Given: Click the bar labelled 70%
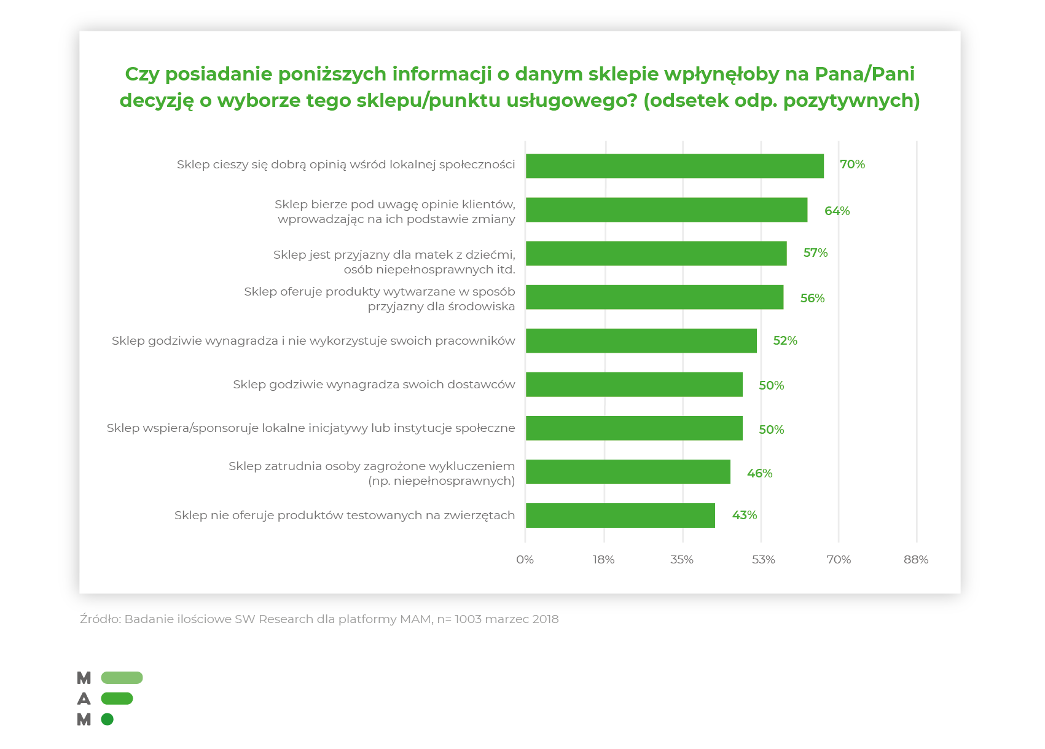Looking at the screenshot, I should [x=674, y=166].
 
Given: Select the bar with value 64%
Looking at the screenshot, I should [x=666, y=210].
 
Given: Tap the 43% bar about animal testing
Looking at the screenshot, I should [x=620, y=515].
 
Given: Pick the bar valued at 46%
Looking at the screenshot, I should [x=627, y=471].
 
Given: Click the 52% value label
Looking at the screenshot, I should [x=785, y=340].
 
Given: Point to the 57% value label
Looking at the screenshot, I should [x=815, y=253].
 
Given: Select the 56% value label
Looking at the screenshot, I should [x=812, y=298].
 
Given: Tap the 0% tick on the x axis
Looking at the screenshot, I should [x=525, y=559].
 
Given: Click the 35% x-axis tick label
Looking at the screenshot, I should [x=682, y=559].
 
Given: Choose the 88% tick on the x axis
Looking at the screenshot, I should [x=915, y=559].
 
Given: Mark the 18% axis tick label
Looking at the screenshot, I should [x=603, y=559].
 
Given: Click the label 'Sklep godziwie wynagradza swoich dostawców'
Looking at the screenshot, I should [x=374, y=385].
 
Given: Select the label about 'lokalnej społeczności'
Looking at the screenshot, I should [x=346, y=164].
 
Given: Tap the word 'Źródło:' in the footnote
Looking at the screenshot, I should [x=100, y=619].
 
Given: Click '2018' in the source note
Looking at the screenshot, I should [x=545, y=619].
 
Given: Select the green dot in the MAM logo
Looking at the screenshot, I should [x=108, y=719].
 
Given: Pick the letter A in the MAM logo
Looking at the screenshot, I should [x=84, y=699].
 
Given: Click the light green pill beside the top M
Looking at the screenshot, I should [x=122, y=678].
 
